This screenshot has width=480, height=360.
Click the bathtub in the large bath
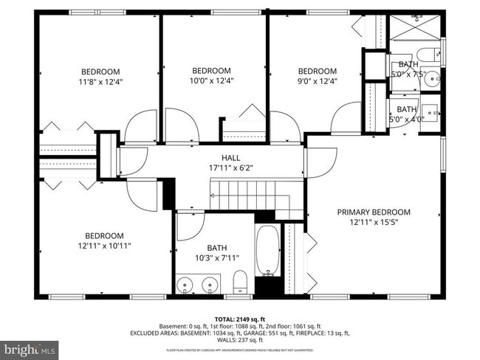267,251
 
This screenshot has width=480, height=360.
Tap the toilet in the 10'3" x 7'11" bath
239,282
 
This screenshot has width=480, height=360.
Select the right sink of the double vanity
210,283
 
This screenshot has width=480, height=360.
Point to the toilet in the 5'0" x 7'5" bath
427,55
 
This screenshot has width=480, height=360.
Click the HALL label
231,158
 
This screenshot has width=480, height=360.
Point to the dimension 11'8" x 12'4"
100,82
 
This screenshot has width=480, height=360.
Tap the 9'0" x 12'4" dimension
317,81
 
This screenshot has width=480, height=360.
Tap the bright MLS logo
30,347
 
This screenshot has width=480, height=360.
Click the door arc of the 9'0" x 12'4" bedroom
284,126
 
